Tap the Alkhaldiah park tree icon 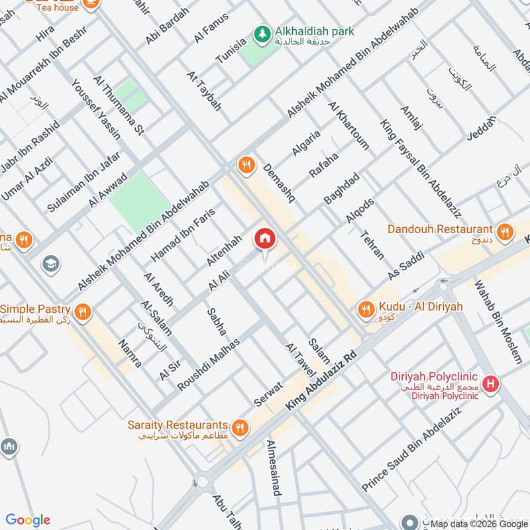[x=263, y=32]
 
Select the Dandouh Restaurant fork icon [x=505, y=232]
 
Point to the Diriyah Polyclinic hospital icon [x=491, y=384]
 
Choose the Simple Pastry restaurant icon [x=83, y=311]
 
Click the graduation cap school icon [x=49, y=264]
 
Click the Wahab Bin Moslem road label [x=498, y=321]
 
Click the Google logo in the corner [x=28, y=520]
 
